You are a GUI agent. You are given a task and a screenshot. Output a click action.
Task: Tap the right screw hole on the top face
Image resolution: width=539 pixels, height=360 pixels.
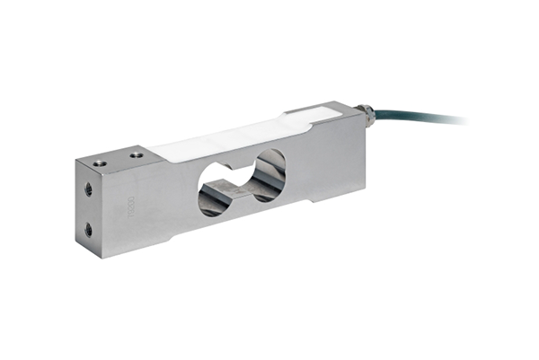click(136, 154)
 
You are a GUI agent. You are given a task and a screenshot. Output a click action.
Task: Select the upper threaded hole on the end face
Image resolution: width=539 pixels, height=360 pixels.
click(88, 190)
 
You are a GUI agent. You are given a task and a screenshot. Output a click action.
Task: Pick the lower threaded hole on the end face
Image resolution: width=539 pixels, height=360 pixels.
click(88, 231)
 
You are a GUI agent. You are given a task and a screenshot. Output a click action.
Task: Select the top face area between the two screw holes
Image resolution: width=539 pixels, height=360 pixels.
click(118, 159)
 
